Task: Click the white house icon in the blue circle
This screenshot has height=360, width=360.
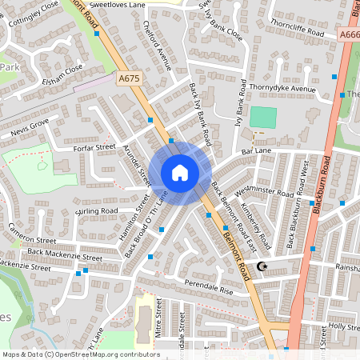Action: point(180,172)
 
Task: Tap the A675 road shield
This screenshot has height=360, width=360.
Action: point(128,78)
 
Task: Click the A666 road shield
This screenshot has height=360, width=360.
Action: point(349,34)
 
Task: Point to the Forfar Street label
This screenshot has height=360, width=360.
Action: point(93,147)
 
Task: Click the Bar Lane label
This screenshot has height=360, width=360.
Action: point(257,150)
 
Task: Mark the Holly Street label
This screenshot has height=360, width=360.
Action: point(345,326)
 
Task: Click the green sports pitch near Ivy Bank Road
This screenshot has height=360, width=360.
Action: point(262,117)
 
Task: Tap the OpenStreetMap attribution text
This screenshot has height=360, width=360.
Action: point(80,354)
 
